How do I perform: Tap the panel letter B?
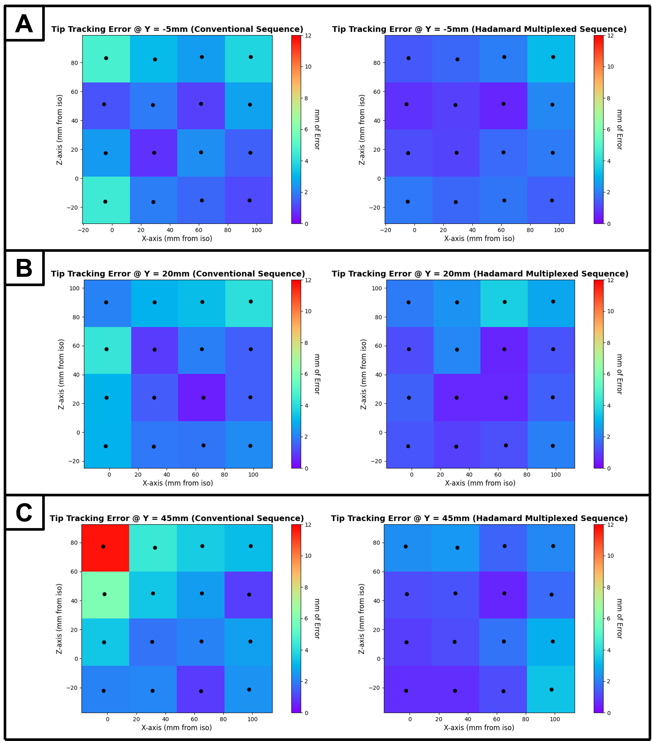coord(24,269)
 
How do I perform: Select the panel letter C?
coord(24,513)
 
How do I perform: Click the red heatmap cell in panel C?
coord(105,548)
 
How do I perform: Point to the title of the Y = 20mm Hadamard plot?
coord(480,274)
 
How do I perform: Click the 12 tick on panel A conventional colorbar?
coord(308,36)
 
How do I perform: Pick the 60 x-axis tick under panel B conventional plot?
coord(195,475)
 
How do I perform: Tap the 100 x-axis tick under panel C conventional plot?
coord(252,719)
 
